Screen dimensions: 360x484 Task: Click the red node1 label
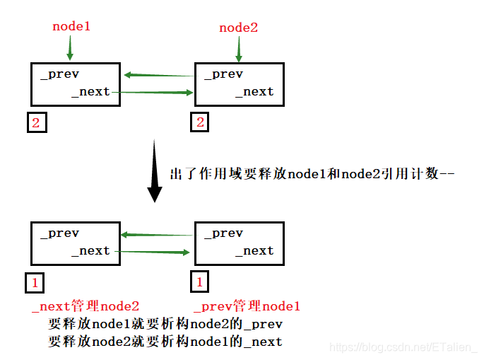pos(71,27)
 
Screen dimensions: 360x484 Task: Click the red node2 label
pos(239,28)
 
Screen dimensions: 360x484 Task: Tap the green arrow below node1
pos(69,48)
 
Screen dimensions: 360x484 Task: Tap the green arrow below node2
pos(239,49)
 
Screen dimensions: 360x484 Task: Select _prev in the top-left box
pos(60,74)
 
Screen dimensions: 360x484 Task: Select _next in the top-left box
pos(90,92)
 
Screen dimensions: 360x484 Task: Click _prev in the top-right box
pos(223,74)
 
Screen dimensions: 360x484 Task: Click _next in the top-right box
pos(254,92)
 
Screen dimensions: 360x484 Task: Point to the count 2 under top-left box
pos(37,122)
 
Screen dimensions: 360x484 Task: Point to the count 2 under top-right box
pos(200,122)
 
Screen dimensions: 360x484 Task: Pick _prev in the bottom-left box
pos(60,233)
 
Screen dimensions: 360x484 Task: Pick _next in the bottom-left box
pos(90,251)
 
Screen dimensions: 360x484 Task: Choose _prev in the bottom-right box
pos(223,233)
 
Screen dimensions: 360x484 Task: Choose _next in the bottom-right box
pos(254,251)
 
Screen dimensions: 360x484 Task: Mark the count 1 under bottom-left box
pos(35,283)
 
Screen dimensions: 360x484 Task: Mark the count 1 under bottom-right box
pos(200,282)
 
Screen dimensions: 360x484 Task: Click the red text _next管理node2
pos(85,306)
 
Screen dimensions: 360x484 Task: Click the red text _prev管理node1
pos(247,306)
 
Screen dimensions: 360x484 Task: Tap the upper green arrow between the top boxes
pos(159,75)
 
